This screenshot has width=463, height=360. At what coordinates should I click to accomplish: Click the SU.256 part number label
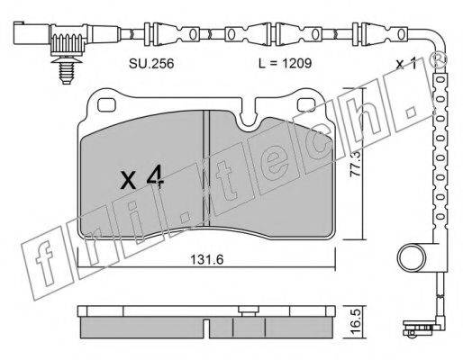point(151,64)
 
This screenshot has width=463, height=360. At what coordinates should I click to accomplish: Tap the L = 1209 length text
point(286,63)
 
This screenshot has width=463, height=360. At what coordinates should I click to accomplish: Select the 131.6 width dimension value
point(207,259)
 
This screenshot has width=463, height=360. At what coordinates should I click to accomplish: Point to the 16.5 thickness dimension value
point(357,322)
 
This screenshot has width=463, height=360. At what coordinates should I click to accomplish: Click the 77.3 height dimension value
point(357,168)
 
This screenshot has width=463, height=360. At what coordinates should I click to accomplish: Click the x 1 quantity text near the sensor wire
point(407,64)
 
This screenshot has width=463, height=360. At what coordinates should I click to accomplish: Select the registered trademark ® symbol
point(439,58)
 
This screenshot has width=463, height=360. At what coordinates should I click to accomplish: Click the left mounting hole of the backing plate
point(106,104)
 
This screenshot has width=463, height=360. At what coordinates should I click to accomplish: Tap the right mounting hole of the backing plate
point(306,104)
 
